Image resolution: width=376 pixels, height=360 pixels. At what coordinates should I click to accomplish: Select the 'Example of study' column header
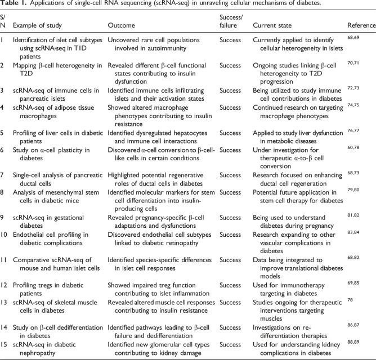[x=37, y=26]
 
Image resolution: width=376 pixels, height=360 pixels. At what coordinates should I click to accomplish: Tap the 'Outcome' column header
[x=121, y=26]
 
